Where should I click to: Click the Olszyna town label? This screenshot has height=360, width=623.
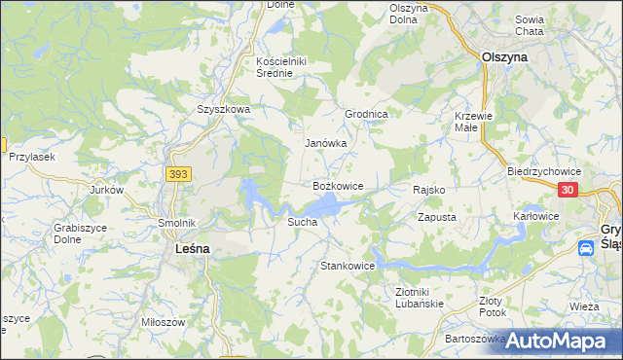[504, 57]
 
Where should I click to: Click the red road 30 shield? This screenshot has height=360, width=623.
[570, 191]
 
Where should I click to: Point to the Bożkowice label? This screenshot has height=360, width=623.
[338, 185]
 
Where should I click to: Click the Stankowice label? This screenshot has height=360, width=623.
[348, 266]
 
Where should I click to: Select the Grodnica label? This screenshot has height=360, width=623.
[367, 114]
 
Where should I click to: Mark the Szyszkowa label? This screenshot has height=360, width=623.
[224, 110]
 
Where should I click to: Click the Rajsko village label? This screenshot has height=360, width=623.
[429, 190]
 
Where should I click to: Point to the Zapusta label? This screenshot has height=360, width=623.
[437, 218]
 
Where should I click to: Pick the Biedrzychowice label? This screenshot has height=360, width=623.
[537, 169]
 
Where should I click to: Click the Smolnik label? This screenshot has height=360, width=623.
[178, 223]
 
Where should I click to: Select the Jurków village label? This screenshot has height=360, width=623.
[106, 190]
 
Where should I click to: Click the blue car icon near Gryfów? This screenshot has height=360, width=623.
[587, 248]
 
